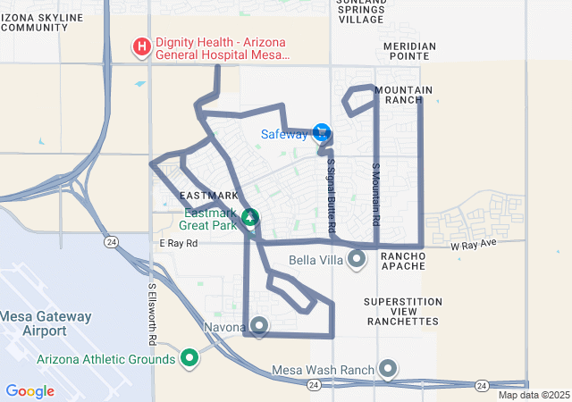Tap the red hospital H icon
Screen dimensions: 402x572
click(x=141, y=46)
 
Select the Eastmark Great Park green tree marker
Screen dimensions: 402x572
click(x=251, y=217)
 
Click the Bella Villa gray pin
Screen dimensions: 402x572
click(x=357, y=260)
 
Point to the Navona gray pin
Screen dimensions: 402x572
click(x=259, y=326)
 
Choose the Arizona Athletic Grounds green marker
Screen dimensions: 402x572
click(x=189, y=359)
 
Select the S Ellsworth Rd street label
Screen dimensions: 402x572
click(x=152, y=315)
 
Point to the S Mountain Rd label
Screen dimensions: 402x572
click(x=376, y=193)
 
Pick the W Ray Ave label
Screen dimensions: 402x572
click(x=473, y=244)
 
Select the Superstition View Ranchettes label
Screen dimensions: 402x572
click(x=402, y=311)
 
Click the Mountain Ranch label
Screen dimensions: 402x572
click(x=404, y=95)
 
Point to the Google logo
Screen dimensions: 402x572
click(x=30, y=391)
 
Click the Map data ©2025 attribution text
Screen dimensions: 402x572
click(x=533, y=395)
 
